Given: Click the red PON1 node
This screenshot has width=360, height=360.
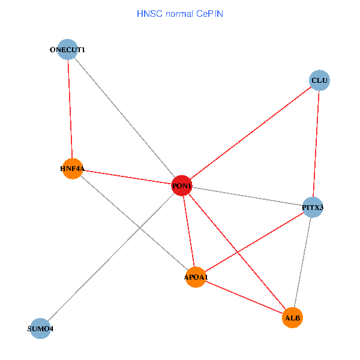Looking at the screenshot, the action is pos(182,187).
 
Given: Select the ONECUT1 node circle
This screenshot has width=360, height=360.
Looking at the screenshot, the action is pos(68,49).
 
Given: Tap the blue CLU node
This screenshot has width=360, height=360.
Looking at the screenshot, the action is pos(320,80).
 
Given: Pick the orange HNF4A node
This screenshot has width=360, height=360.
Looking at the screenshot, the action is pos(72,169).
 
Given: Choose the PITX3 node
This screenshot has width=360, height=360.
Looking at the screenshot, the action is pos(313,208).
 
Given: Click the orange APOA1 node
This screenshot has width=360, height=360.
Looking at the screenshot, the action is pos(196,277).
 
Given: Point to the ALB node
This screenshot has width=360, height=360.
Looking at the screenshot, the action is pos(292,317).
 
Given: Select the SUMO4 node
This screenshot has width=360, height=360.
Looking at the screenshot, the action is pos(40,328).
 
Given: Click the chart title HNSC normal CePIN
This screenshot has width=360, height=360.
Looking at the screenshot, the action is pos(180,13).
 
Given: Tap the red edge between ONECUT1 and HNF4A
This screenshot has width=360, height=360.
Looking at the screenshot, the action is pos(70,108).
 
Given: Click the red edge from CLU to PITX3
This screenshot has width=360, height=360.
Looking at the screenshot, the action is pos(316,144).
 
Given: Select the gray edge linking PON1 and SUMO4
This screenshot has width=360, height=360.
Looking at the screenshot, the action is pos(111,257).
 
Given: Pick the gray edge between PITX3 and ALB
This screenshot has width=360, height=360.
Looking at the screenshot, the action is pos(302,262).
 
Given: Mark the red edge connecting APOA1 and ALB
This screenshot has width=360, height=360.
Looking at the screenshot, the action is pos(244,297).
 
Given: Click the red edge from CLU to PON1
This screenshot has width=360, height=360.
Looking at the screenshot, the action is pos(251,133).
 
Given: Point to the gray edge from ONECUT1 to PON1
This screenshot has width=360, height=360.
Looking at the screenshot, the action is pos(125,118).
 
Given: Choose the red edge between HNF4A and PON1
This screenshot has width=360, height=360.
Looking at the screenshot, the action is pos(127,178).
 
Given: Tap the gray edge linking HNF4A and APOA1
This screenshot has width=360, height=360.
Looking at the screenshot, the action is pos(134,223).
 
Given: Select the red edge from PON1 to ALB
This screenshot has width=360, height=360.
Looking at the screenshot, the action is pos(237,251).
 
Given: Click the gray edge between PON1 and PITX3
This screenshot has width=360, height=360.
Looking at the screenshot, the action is pos(247,197).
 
